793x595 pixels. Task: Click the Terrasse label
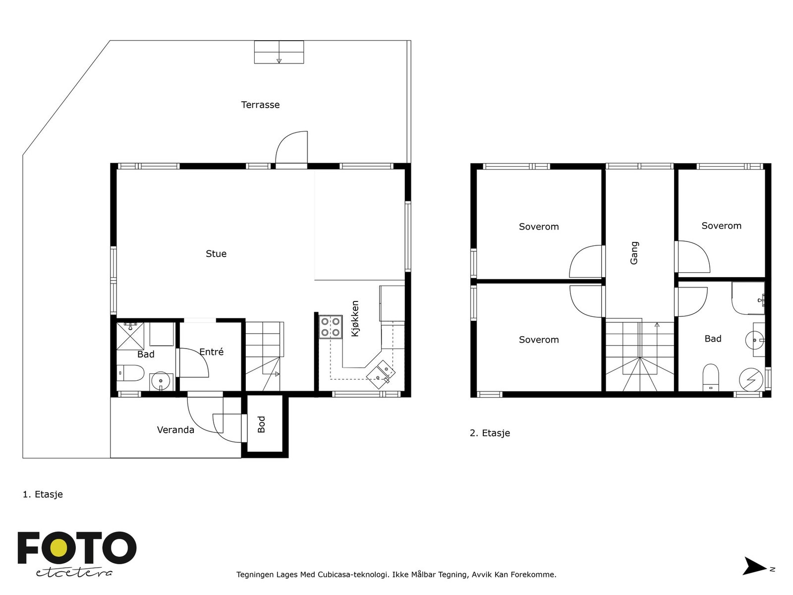(x=260, y=105)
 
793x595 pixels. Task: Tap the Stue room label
(x=216, y=253)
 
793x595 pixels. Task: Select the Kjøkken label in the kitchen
(x=355, y=318)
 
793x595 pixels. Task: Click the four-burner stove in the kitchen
(x=330, y=327)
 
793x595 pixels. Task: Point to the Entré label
(x=211, y=352)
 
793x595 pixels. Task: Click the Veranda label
(x=175, y=429)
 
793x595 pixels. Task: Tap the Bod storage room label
(x=262, y=424)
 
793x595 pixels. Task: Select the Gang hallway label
(x=634, y=253)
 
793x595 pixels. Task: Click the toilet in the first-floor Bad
(x=130, y=373)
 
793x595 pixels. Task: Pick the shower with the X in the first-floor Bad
(x=130, y=336)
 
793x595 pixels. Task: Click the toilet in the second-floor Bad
(x=711, y=377)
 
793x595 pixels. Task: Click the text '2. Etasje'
(x=490, y=433)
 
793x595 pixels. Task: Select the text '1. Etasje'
(x=43, y=494)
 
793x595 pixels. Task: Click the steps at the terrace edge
(x=279, y=52)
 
